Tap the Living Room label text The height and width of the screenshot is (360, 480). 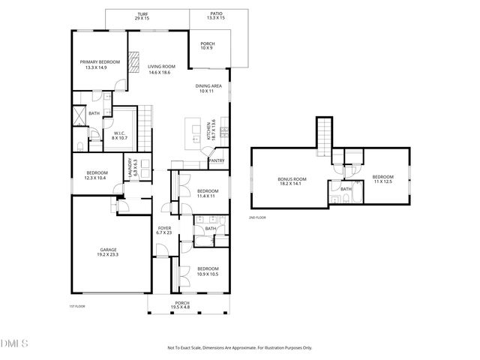coord(160,69)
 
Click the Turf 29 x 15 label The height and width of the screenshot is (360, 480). coord(142,16)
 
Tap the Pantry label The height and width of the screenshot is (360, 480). coord(216,160)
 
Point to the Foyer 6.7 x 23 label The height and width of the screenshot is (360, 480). coord(163,231)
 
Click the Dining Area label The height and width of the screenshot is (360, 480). coord(208,88)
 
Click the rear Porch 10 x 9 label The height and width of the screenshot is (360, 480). coord(207,46)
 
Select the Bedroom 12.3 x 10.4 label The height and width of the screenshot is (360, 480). coord(96,175)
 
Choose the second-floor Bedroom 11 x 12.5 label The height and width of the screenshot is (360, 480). coord(382,179)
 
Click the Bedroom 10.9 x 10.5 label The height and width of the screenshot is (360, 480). coord(208,271)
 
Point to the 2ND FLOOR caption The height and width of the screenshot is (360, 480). coord(257,217)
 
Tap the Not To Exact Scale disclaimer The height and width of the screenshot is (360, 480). coord(239,347)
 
